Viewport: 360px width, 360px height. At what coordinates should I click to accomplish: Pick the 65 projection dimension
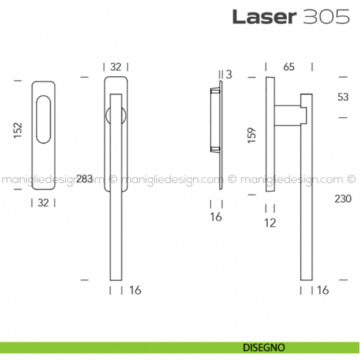tap(288, 67)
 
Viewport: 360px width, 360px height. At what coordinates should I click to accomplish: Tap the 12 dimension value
tap(269, 223)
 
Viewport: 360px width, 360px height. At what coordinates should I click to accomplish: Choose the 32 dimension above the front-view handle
tap(116, 67)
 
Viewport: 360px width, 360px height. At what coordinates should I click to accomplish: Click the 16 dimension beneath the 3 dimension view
tap(216, 217)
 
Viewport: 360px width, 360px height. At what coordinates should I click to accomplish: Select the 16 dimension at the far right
tap(323, 290)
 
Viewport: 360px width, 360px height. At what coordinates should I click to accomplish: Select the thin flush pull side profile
tap(216, 117)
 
